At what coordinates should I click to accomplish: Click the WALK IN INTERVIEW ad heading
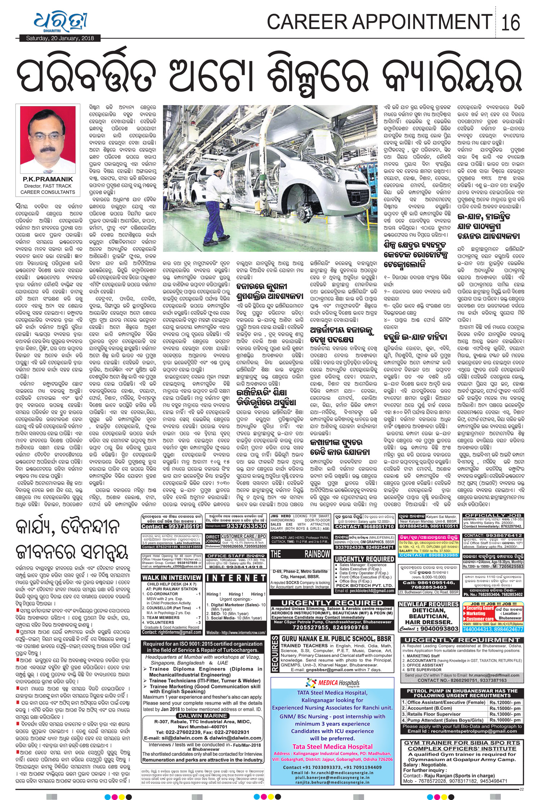tap(171, 578)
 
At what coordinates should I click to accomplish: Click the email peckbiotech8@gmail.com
tap(364, 591)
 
